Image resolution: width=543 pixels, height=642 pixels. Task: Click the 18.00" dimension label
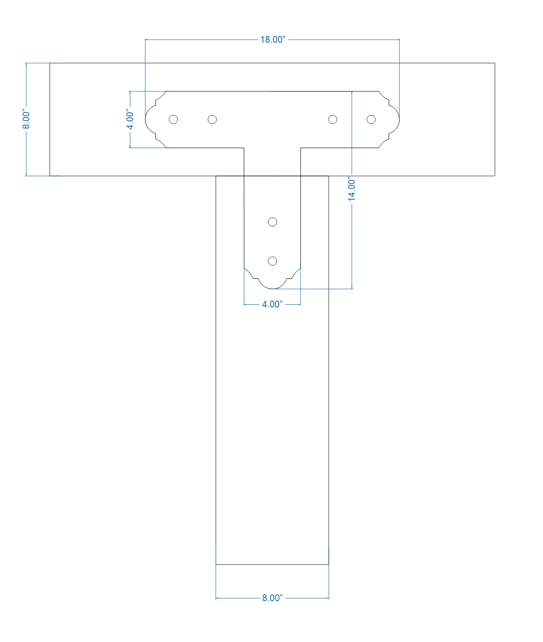pos(272,40)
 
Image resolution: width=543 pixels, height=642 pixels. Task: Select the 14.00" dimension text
pos(352,190)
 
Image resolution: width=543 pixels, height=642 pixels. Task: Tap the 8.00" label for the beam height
pos(26,120)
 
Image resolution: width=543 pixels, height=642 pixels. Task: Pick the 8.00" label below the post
pos(272,598)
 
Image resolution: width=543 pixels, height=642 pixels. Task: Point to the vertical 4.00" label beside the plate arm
pos(130,120)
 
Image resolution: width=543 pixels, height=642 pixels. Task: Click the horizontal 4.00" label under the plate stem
pos(272,304)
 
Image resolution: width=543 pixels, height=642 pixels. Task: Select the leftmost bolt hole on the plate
pos(173,119)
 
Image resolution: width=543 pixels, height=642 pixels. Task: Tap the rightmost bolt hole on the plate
pos(371,119)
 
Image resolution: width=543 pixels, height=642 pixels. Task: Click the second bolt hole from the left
pos(212,119)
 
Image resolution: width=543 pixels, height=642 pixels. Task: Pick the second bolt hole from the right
pos(333,119)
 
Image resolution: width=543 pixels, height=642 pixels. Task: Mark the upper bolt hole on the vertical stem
pos(272,222)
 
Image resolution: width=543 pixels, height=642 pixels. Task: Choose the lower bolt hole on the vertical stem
pos(272,261)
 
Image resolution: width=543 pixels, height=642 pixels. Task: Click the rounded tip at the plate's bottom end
pos(272,288)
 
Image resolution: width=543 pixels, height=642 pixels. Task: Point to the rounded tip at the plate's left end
pos(146,120)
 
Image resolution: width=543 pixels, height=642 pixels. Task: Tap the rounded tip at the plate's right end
pos(399,120)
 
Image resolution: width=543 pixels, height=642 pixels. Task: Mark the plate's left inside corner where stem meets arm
pos(244,148)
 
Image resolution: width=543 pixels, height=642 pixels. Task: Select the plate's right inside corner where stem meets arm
pos(301,148)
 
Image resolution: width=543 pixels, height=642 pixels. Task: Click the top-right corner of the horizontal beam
pos(494,63)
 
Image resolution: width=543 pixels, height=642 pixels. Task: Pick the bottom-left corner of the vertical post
pos(216,564)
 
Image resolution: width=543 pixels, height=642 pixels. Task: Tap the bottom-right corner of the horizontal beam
pos(494,176)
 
